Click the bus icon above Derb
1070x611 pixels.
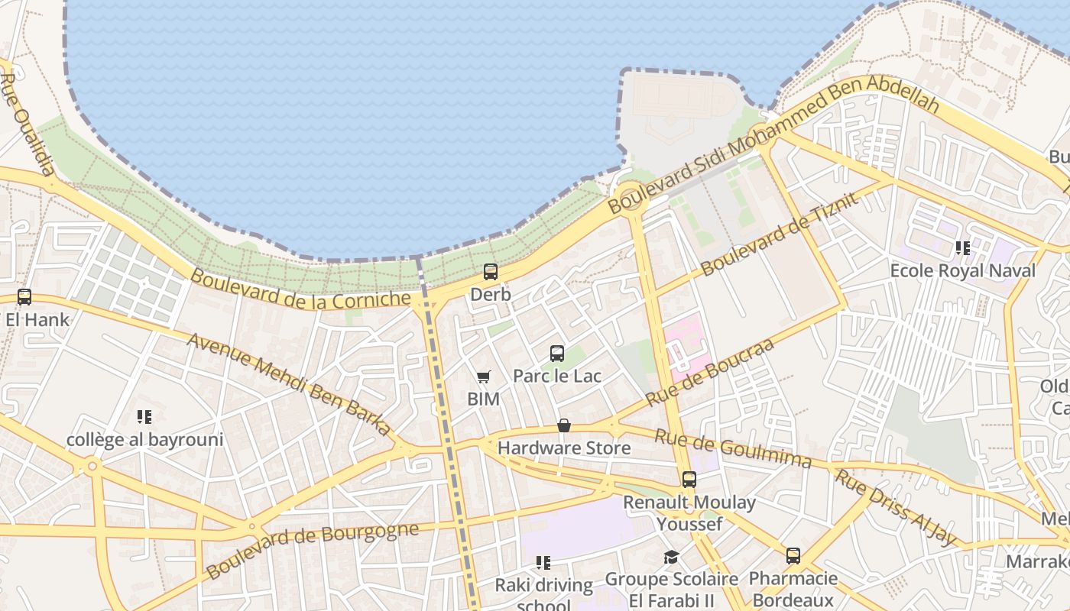click(491, 272)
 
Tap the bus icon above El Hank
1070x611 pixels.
click(24, 297)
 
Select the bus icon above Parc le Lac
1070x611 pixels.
click(557, 354)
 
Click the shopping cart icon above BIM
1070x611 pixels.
click(483, 377)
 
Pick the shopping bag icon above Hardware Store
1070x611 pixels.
click(564, 425)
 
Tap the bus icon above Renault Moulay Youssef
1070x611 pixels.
click(689, 480)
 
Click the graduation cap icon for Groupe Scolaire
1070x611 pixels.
click(671, 558)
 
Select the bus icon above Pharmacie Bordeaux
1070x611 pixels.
click(793, 556)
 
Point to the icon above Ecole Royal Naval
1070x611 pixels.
click(962, 248)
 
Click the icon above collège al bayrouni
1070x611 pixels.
click(144, 417)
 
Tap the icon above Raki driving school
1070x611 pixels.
click(543, 563)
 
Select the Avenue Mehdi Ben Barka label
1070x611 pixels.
click(290, 384)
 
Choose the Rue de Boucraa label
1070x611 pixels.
click(709, 373)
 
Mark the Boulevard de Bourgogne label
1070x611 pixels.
click(312, 550)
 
